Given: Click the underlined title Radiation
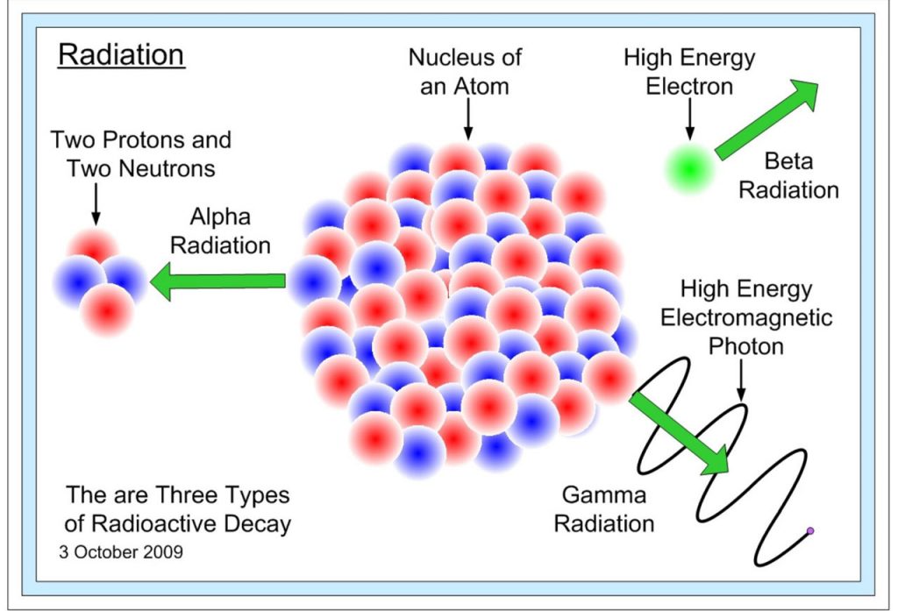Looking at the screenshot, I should click(120, 55).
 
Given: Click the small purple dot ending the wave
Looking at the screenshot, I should click(810, 530).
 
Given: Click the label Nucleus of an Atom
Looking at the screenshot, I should click(465, 72).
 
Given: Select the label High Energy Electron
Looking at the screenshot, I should click(689, 72).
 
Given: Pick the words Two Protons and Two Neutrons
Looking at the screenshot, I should click(140, 153).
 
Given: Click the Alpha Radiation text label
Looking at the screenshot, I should click(220, 231).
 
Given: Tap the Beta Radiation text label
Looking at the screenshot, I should click(788, 175).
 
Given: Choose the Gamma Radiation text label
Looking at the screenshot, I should click(604, 509).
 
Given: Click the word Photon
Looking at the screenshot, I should click(746, 346).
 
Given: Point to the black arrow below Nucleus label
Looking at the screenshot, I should click(467, 118).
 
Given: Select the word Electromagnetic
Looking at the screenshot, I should click(746, 317).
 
